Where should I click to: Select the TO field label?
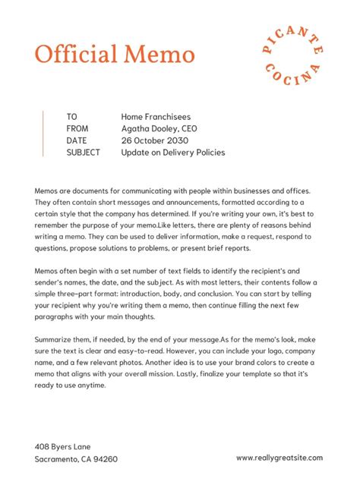tap(72, 117)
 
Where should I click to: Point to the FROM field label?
tap(77, 129)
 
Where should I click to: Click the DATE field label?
tap(77, 140)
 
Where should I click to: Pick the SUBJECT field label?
tap(84, 153)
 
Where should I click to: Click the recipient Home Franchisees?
tap(156, 117)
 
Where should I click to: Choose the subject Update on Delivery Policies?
tap(172, 153)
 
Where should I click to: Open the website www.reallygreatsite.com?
tap(279, 458)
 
